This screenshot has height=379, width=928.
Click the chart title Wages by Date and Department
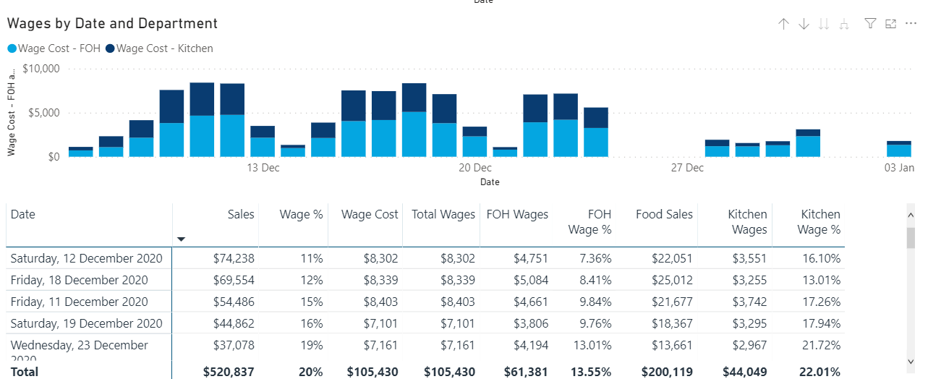pos(112,24)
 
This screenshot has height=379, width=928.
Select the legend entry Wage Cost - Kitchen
pos(164,48)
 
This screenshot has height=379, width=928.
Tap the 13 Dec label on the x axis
pos(263,168)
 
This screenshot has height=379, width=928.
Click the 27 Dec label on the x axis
pos(686,168)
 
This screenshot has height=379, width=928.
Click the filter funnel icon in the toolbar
pos(871,24)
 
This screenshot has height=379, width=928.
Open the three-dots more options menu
pos(911,24)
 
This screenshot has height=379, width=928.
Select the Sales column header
pos(241,214)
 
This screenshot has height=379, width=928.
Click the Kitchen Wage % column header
pos(820,221)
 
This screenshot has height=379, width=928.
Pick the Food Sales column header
pos(664,214)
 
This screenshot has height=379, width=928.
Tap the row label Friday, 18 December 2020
pos(79,280)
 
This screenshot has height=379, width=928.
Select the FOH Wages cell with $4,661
pos(531,302)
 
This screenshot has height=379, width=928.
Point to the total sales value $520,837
pos(229,372)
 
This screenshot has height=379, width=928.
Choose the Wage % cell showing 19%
pos(311,345)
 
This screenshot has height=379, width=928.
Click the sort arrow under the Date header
pos(182,239)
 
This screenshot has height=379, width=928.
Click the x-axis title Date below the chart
pos(490,182)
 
